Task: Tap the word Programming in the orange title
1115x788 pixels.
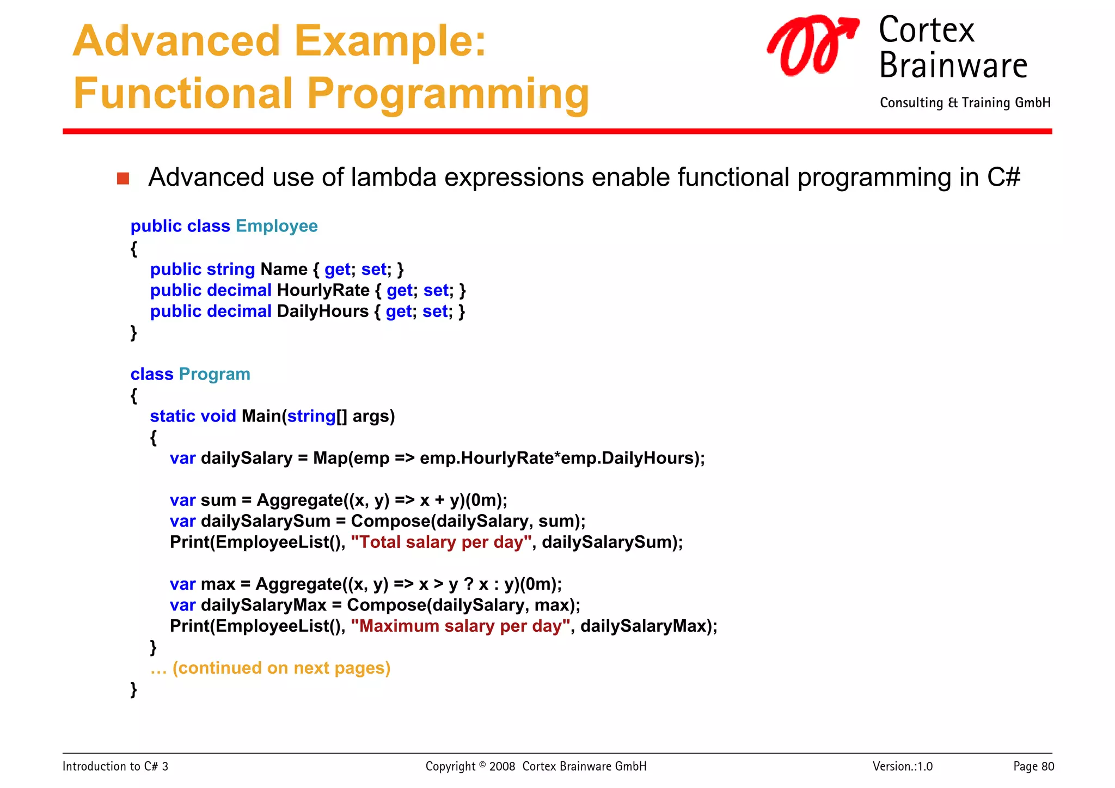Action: [x=448, y=94]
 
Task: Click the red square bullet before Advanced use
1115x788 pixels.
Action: [x=123, y=178]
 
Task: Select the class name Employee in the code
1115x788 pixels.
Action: [x=277, y=226]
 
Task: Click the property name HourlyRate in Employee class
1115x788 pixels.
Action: [x=323, y=290]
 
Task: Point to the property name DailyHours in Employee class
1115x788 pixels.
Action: [x=322, y=311]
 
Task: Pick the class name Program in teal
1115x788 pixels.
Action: [x=215, y=374]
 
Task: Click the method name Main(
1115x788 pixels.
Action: [x=264, y=416]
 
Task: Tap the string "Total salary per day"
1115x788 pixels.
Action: [x=441, y=542]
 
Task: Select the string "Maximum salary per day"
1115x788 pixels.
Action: [x=460, y=626]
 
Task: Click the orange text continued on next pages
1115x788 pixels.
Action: [x=281, y=668]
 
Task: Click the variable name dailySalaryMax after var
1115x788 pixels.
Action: [x=264, y=605]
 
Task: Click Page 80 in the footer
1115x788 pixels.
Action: [x=1033, y=767]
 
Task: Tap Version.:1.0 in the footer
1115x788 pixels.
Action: [x=902, y=767]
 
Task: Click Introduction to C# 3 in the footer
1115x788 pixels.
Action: [x=115, y=767]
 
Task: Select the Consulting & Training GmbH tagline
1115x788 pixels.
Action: [x=965, y=103]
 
